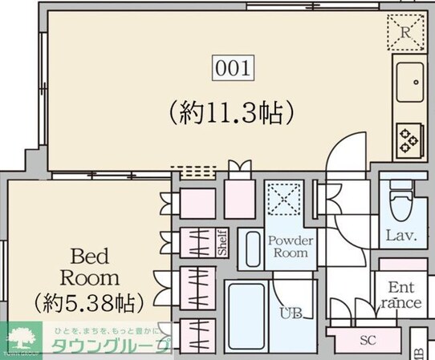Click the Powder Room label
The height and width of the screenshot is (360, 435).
290,246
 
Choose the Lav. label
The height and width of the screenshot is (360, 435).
399,236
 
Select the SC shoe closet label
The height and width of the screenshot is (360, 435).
368,340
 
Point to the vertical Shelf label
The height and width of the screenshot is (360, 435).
222,243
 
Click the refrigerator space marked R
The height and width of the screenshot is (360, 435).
406,33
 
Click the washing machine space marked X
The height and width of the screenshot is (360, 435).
282,197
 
